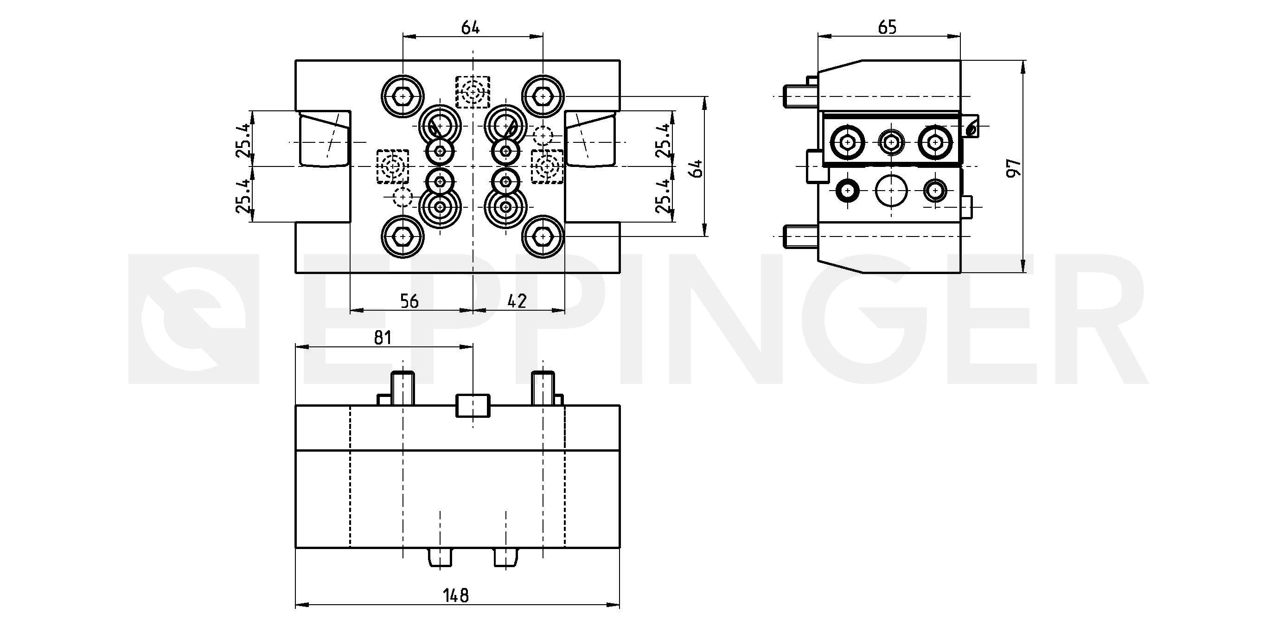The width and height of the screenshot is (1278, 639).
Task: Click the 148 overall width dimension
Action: coord(456,595)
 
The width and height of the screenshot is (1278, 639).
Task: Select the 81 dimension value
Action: coord(383,338)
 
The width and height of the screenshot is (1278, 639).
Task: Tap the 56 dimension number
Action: coord(409,301)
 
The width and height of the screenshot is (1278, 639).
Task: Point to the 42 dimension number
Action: coord(517,301)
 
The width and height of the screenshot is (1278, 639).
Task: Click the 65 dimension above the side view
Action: coord(888,27)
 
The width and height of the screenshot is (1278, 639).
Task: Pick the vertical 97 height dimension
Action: coord(1014,168)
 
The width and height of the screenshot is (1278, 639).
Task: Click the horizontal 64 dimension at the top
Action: coord(470,27)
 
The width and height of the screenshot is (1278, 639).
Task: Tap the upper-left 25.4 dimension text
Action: coord(243,141)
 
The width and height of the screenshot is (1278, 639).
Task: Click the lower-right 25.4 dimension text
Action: coord(663,197)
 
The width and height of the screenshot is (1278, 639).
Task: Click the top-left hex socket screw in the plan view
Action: coord(403,96)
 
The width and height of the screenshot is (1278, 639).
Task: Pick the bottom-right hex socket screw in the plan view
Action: coord(543,236)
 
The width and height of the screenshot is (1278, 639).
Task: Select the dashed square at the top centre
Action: coord(473,92)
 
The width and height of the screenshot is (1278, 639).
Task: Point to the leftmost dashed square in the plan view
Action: coord(392,166)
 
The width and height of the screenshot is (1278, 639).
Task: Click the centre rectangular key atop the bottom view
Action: coord(473,406)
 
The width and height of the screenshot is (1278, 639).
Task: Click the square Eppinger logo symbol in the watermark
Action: coord(194,319)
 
